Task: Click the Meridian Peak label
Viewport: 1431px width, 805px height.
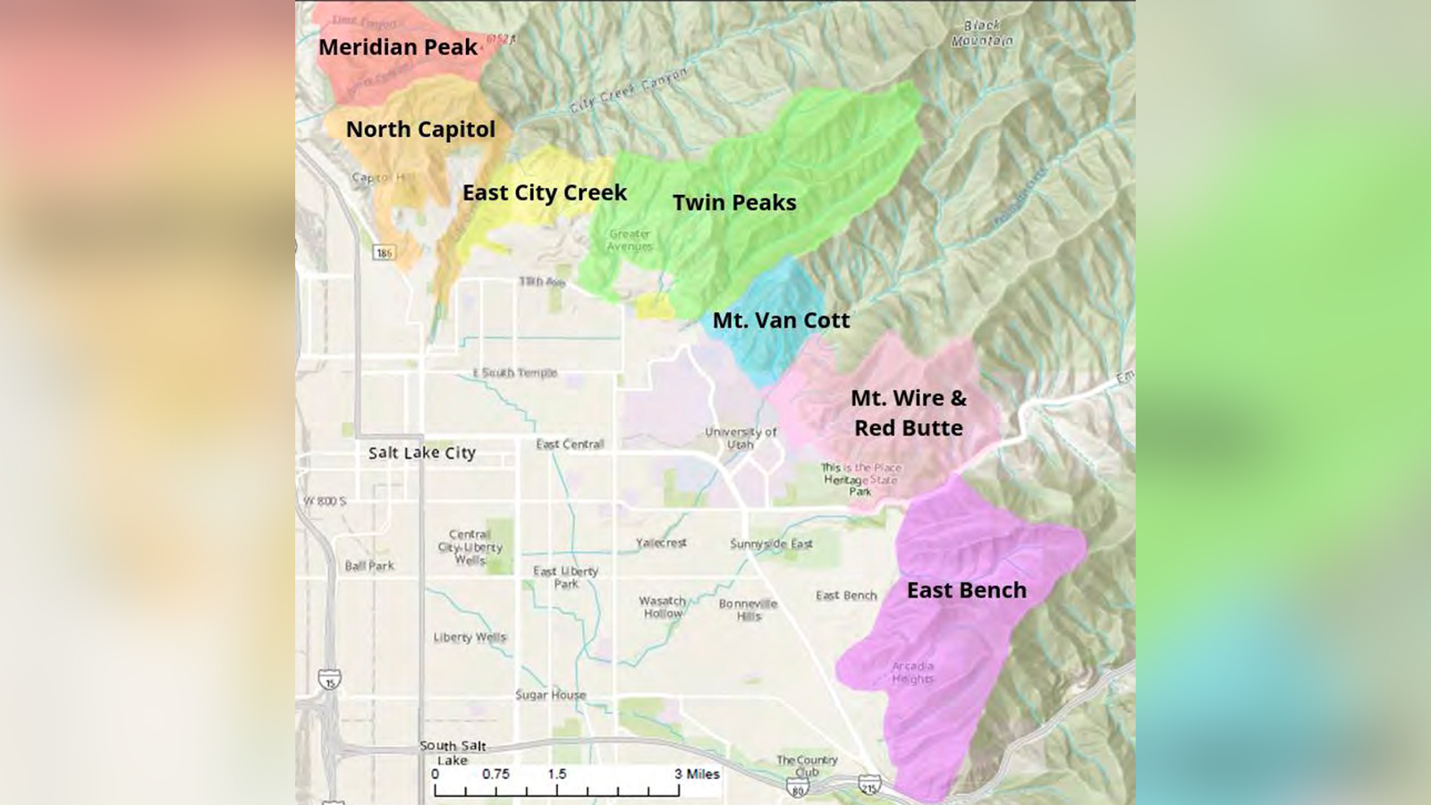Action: (398, 47)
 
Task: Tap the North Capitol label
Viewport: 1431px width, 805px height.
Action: (420, 130)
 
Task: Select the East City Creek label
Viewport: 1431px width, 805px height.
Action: (544, 193)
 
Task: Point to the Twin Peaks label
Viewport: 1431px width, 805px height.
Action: (734, 203)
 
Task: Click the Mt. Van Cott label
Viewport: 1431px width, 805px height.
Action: (781, 320)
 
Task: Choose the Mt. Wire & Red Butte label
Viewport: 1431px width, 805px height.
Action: (909, 413)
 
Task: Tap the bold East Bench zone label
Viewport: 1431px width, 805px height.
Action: (966, 590)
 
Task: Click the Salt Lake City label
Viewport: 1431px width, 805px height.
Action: (422, 453)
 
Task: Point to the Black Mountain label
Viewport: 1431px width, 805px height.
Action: (982, 33)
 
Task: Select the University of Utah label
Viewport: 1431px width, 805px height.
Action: (741, 438)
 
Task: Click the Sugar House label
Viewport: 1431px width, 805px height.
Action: (550, 695)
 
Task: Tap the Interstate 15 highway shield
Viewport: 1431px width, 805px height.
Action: (330, 680)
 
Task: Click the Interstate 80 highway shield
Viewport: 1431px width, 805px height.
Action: (798, 787)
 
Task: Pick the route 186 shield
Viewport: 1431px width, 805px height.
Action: (384, 253)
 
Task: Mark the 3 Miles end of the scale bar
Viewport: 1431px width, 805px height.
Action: (697, 775)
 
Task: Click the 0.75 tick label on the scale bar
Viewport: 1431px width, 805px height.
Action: (495, 775)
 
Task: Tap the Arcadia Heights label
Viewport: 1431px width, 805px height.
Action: (912, 673)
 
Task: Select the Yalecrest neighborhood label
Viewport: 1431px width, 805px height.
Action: (661, 543)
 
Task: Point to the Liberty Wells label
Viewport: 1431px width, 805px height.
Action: (470, 638)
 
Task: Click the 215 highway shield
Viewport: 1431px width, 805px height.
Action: (869, 785)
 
